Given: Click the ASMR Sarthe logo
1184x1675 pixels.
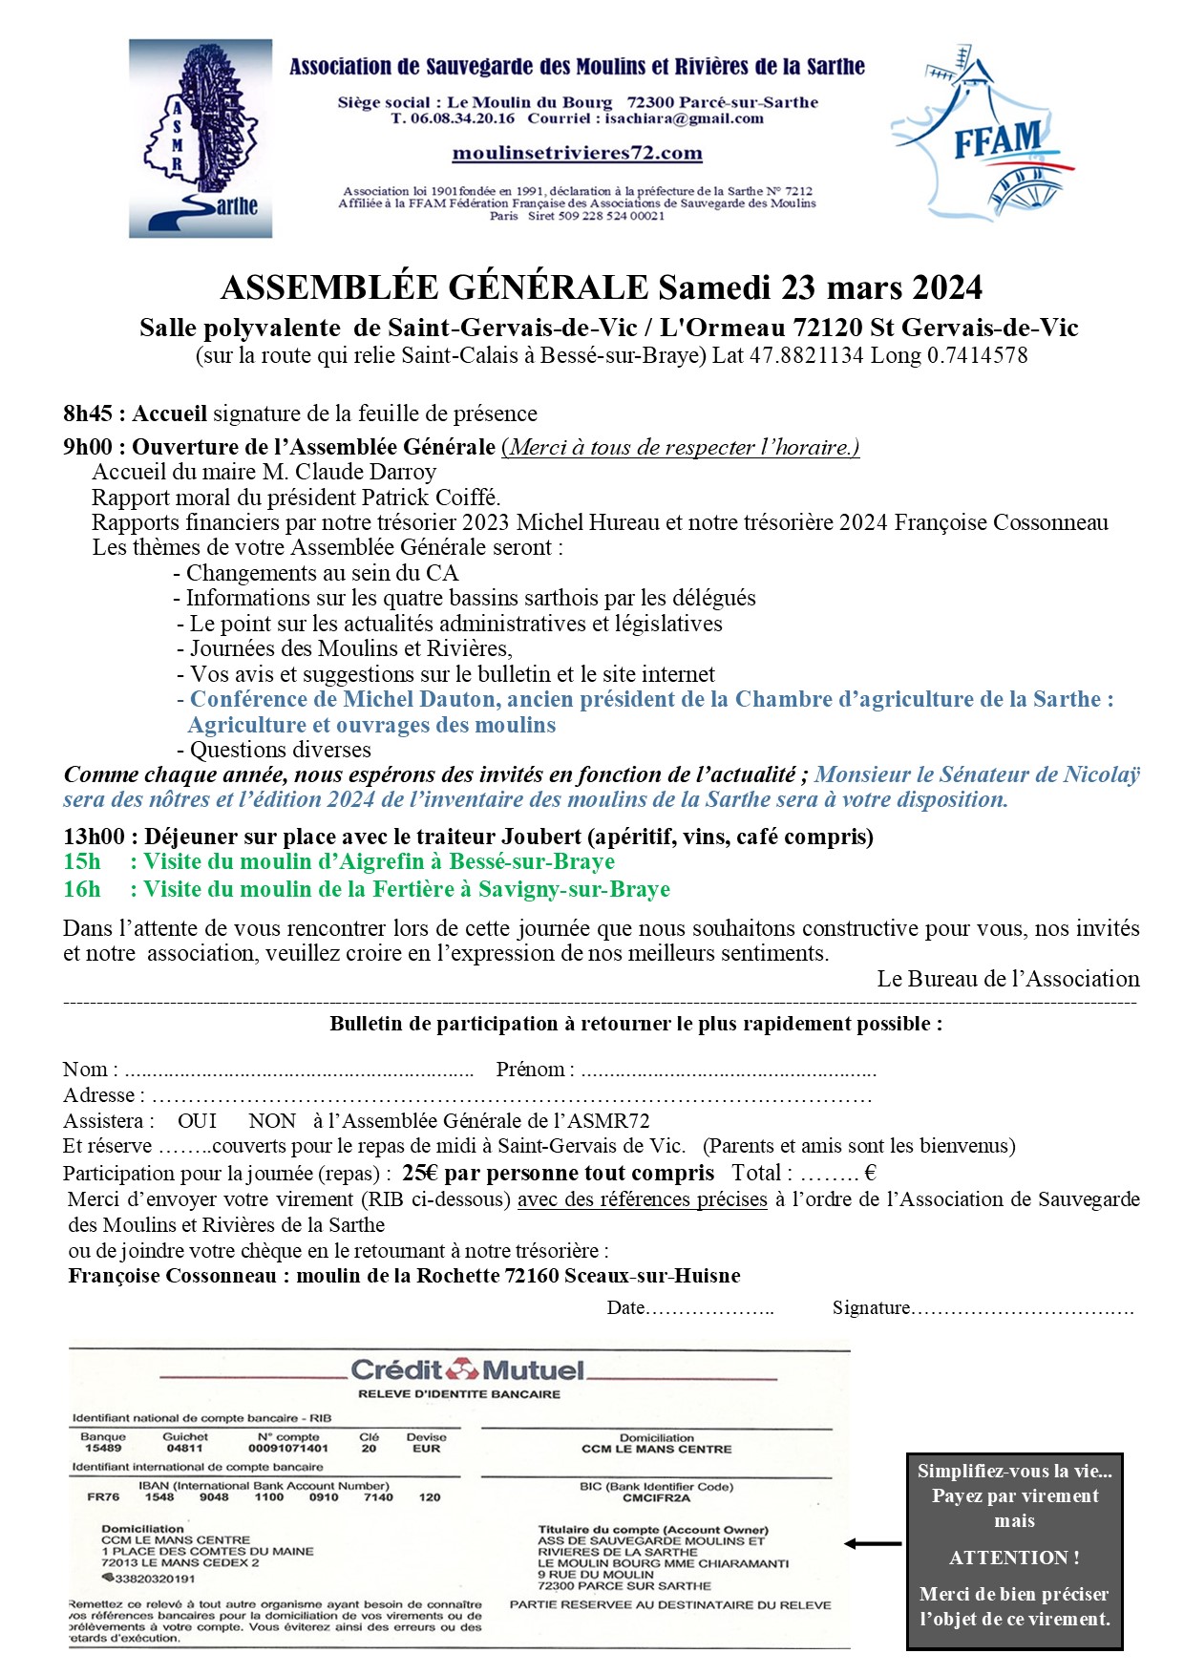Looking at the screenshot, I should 201,138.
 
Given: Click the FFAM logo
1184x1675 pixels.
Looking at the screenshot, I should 983,133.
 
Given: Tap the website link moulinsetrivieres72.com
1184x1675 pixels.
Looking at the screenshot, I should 577,153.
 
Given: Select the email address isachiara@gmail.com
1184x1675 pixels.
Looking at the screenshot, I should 684,118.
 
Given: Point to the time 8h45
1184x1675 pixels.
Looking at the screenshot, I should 88,413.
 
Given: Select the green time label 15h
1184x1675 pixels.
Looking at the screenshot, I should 82,861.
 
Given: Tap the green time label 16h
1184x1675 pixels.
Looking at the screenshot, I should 82,889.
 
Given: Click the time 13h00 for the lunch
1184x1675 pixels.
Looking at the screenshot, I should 94,837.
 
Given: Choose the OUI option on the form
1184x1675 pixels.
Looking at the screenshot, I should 197,1120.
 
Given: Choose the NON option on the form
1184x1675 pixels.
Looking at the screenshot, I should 272,1120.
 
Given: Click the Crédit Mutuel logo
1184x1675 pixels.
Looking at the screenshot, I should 467,1370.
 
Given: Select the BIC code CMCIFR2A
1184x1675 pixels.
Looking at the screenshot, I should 656,1498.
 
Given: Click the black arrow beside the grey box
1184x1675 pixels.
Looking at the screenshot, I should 873,1543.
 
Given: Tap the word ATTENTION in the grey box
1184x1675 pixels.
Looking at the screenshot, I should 1014,1558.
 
